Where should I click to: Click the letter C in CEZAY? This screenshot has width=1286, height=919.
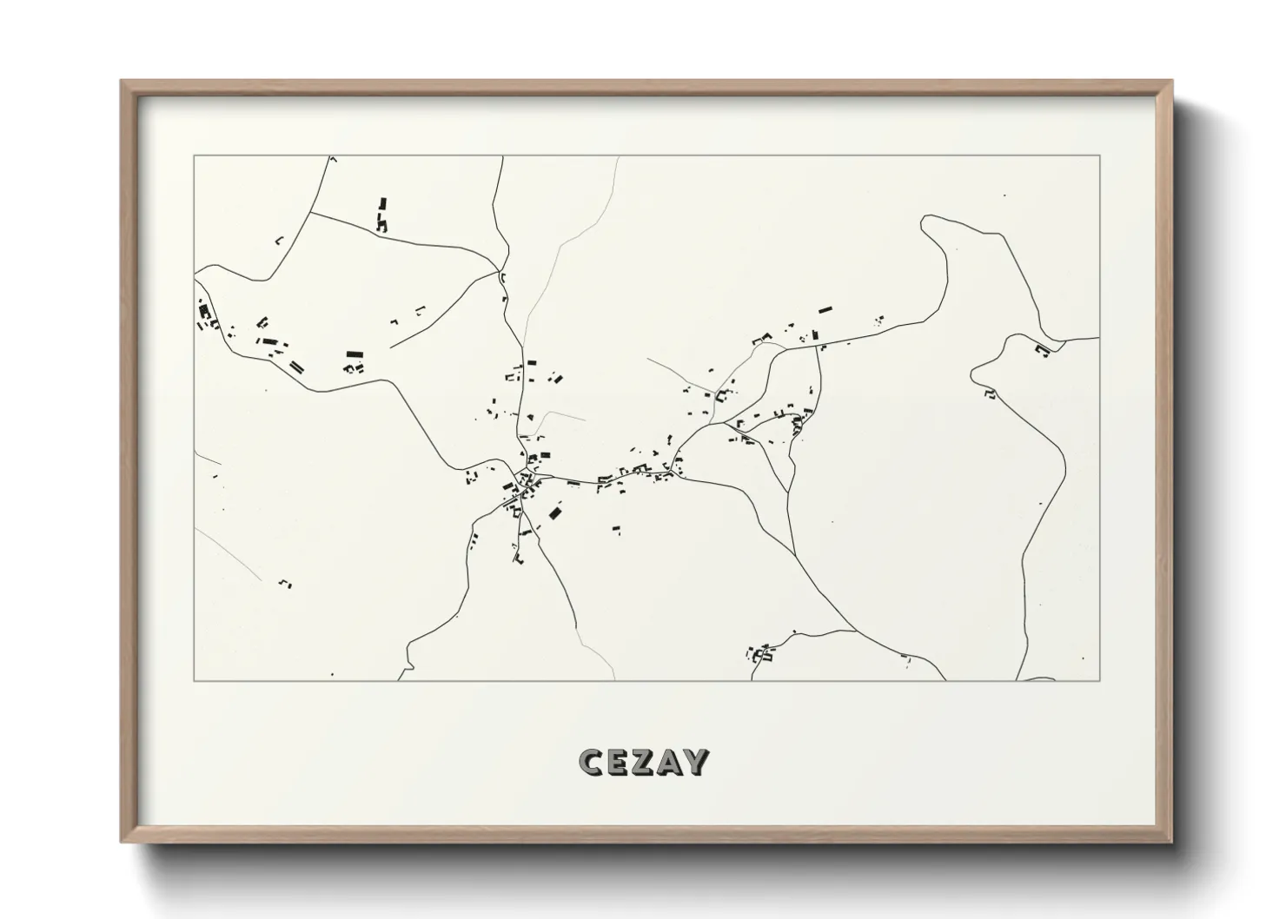click(x=591, y=762)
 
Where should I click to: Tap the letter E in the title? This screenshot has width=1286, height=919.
click(x=618, y=762)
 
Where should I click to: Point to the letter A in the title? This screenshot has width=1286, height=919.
click(x=670, y=762)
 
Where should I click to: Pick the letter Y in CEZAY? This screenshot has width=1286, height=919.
click(x=697, y=762)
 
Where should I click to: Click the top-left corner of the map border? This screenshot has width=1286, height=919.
click(x=194, y=156)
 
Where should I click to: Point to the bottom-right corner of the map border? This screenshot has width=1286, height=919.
click(x=1100, y=680)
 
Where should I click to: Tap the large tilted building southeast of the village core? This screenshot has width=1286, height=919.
click(x=554, y=512)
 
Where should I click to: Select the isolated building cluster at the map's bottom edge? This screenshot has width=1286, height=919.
click(x=762, y=651)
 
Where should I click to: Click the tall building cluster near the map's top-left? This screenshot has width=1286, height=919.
click(x=381, y=215)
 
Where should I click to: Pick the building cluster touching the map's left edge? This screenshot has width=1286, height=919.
click(x=206, y=314)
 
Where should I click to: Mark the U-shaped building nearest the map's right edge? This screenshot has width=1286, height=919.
click(x=1042, y=349)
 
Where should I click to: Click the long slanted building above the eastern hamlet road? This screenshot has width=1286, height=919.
click(x=824, y=308)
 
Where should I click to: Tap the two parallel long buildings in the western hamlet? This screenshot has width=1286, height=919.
click(x=296, y=367)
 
